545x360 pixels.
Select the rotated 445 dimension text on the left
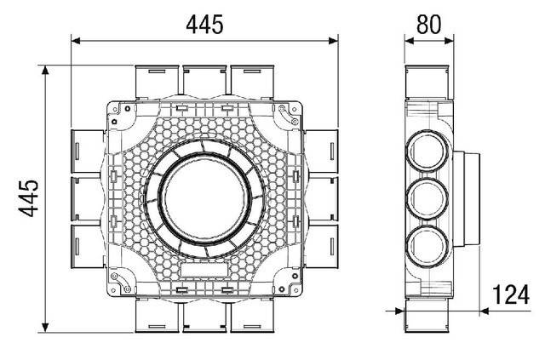pos(27,197)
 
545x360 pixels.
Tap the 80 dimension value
pos(428,24)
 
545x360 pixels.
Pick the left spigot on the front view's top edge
pos(156,81)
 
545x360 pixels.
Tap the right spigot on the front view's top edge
pos(253,81)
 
